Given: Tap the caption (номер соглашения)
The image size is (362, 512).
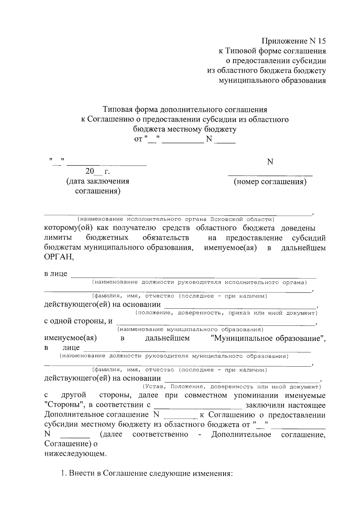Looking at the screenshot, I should pos(270,182).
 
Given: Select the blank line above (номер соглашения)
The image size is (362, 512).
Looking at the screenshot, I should pos(270,175).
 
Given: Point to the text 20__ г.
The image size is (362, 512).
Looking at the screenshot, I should pos(97,172).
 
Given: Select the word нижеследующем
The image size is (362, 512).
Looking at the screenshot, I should pos(75,453).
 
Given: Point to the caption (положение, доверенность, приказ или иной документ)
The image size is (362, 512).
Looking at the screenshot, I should pos(226,313).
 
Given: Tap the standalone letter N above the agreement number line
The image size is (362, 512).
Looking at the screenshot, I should pos(270,162).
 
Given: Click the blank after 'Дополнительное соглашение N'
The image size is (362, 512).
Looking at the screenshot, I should pos(180,418).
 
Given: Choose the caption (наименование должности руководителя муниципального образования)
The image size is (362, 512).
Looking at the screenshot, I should pos(174,356).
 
